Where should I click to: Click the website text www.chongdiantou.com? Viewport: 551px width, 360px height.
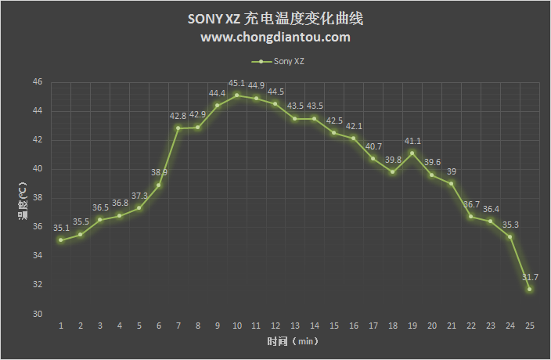(275, 37)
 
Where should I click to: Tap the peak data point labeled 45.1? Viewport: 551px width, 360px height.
(236, 95)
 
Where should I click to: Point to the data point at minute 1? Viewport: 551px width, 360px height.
(60, 240)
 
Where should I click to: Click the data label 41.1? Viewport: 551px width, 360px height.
(412, 141)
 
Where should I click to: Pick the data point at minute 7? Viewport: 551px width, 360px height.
(178, 128)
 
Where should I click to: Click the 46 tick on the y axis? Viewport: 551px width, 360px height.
(37, 82)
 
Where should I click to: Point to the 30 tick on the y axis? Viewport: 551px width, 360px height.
(37, 315)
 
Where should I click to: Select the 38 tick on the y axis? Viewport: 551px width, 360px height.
(37, 199)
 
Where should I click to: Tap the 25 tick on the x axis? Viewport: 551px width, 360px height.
(530, 325)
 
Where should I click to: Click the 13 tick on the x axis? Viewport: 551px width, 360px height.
(295, 325)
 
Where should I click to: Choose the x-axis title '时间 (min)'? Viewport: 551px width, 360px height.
(292, 342)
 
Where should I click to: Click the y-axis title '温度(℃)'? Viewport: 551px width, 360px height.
(23, 199)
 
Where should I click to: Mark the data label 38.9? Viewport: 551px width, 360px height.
(159, 172)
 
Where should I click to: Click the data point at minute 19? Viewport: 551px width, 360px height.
(412, 153)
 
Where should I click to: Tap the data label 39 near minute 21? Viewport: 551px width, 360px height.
(452, 171)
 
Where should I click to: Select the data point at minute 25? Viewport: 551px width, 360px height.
(530, 290)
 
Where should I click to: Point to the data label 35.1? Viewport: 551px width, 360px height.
(61, 228)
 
